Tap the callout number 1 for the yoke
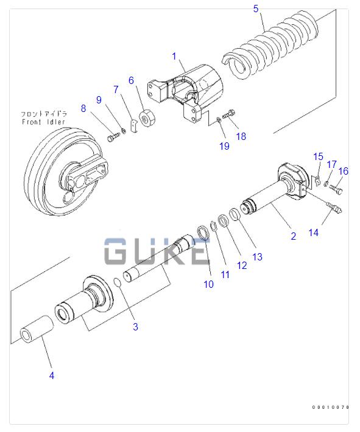174,57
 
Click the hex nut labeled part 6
147,118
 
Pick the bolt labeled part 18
229,114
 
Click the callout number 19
224,146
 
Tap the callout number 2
293,236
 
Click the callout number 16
343,171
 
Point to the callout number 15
318,157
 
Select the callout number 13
258,257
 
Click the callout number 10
208,284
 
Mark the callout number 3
135,327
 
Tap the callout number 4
52,375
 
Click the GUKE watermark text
156,251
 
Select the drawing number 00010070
331,407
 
